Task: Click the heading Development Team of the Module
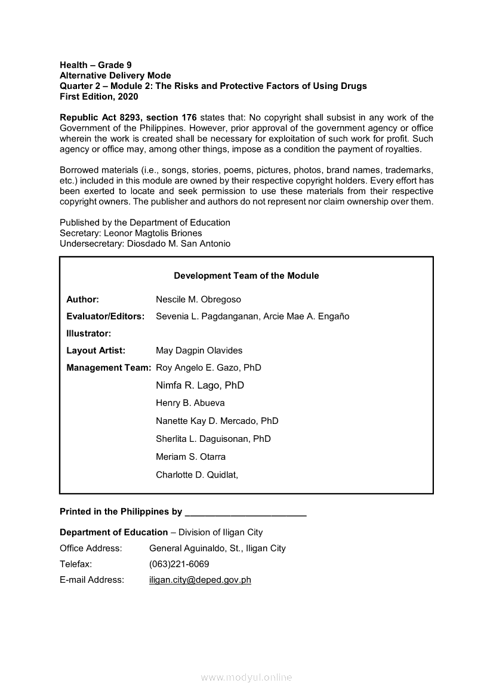coord(246,276)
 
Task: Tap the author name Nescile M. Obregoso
coord(198,299)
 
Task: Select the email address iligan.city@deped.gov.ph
coord(200,580)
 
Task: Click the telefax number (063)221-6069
coord(179,564)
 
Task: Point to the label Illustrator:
coord(89,333)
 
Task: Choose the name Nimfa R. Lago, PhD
coord(200,385)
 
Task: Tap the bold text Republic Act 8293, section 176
coord(128,118)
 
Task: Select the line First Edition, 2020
coord(99,96)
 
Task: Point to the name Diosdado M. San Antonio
coord(178,244)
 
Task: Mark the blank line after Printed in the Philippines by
coord(246,512)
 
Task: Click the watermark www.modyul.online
coord(246,677)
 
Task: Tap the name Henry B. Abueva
coord(190,403)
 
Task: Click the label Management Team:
coord(109,368)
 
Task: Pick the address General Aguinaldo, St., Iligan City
coord(217,548)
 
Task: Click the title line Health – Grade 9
coord(96,64)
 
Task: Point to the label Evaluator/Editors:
coord(106,316)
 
